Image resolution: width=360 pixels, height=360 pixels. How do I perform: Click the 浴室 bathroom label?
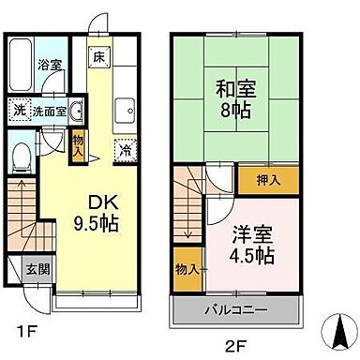pyautogui.click(x=49, y=66)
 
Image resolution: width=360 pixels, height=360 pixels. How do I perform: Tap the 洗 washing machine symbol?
pyautogui.click(x=20, y=109)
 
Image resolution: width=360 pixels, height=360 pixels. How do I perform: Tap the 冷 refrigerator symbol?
pyautogui.click(x=125, y=149)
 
